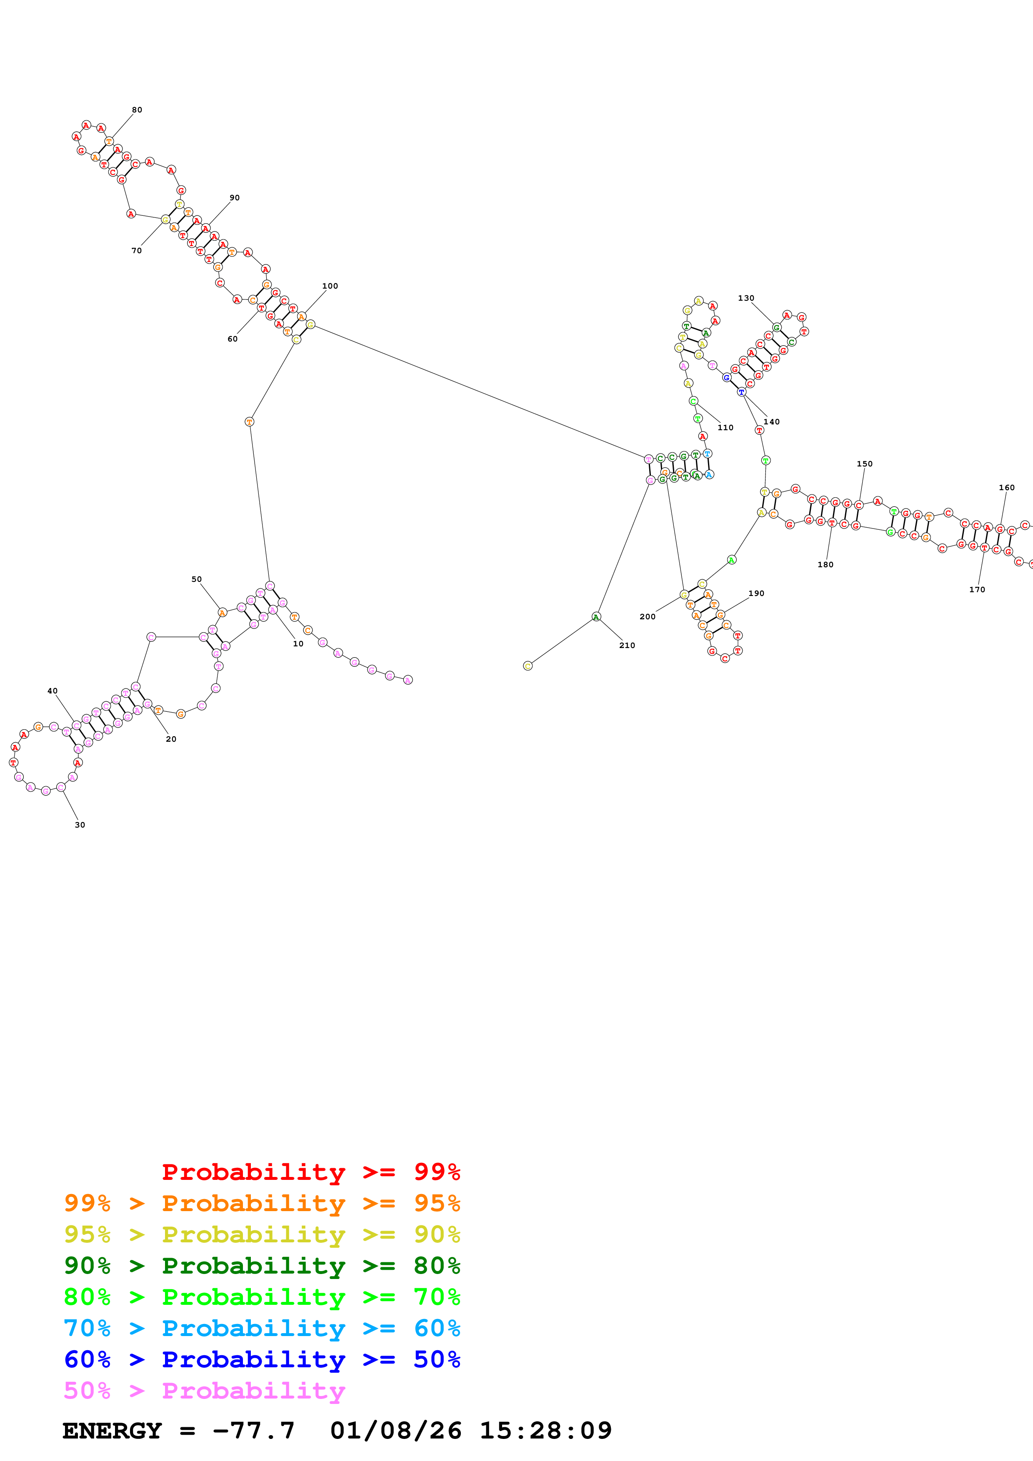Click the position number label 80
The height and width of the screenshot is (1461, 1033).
[137, 110]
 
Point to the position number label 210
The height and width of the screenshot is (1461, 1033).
[627, 645]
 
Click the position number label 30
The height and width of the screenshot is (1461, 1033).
[80, 825]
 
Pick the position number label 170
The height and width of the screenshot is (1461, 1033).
[977, 590]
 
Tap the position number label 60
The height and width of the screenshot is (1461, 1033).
[233, 339]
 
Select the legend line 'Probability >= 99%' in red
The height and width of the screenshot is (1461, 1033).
[310, 1172]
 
